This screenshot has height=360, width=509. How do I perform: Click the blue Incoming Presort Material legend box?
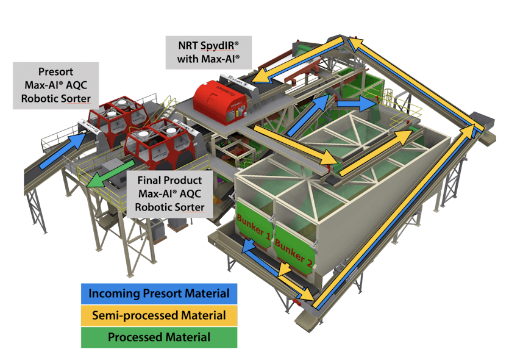pyautogui.click(x=159, y=293)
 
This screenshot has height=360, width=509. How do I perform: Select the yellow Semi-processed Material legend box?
pyautogui.click(x=159, y=315)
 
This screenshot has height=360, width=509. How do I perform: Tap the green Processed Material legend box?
pyautogui.click(x=159, y=337)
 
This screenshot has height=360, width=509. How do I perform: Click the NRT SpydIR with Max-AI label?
pyautogui.click(x=205, y=52)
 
